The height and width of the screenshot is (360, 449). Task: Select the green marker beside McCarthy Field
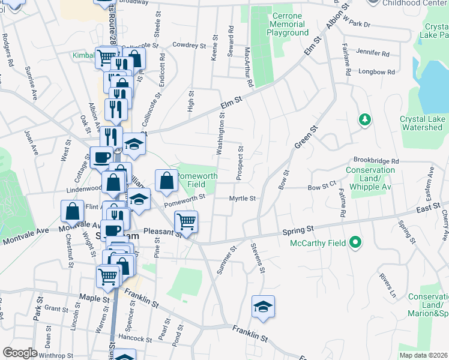(x=355, y=243)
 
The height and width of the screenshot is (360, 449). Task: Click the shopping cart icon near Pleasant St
(x=187, y=222)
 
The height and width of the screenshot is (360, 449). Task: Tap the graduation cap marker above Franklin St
(x=262, y=307)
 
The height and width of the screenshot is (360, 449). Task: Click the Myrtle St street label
(x=243, y=199)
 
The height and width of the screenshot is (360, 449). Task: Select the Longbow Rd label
(x=377, y=72)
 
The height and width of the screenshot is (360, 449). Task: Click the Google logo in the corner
(x=20, y=353)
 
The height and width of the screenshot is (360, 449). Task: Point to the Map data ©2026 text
(x=423, y=355)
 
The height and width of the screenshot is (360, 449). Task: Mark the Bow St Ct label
(x=322, y=187)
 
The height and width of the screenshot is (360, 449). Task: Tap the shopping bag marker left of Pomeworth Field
(x=166, y=180)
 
